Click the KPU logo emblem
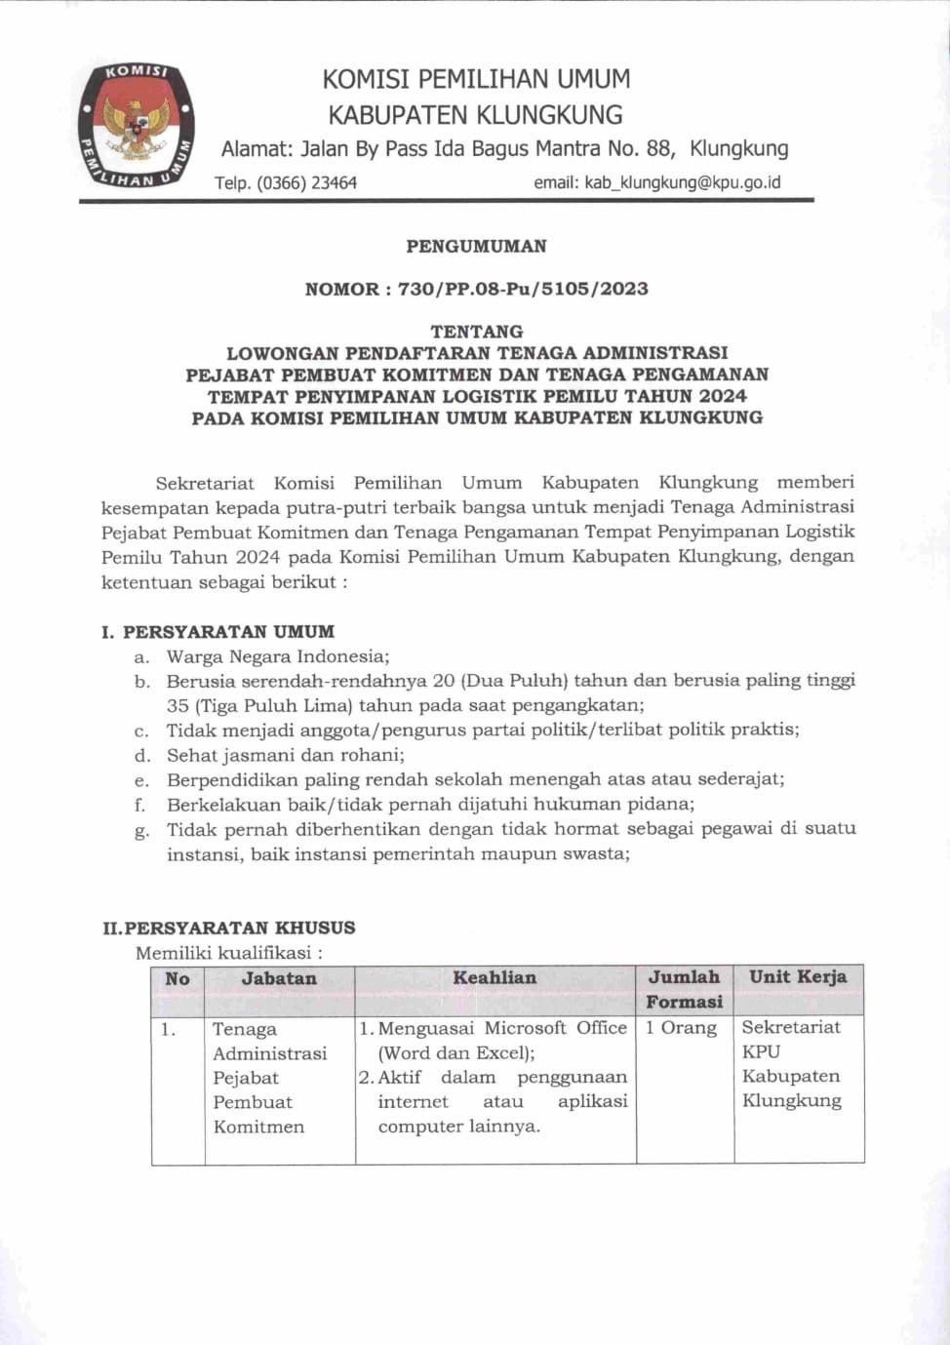137,126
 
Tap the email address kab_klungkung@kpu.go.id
683,182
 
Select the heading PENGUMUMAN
476,246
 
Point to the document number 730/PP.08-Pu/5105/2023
523,289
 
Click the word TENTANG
476,332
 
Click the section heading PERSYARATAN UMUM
228,631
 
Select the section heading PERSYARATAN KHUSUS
240,928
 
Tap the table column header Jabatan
279,978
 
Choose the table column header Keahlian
495,977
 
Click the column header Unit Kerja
798,976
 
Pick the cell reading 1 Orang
681,1027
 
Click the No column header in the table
178,978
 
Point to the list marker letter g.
142,831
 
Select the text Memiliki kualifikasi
228,952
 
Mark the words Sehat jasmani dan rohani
285,755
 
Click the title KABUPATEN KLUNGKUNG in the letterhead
475,115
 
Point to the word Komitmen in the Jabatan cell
258,1127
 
